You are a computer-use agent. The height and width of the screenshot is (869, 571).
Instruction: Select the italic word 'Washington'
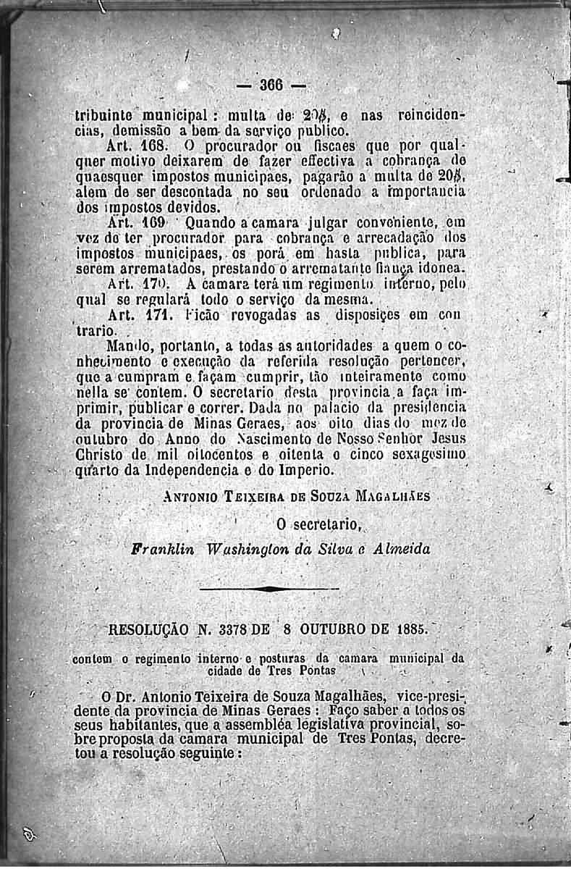[x=237, y=548]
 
